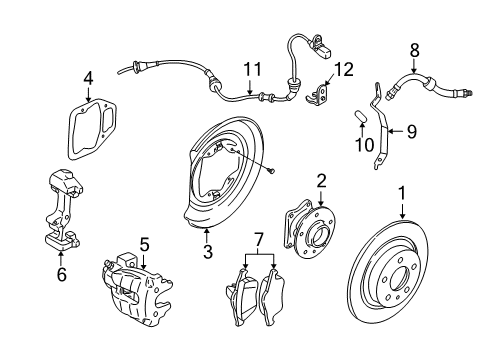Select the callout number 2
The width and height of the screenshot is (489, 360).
coord(320,180)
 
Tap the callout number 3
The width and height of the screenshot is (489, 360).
coord(207,253)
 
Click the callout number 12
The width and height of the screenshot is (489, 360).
coord(344,69)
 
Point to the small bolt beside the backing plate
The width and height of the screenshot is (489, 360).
coord(270,171)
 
